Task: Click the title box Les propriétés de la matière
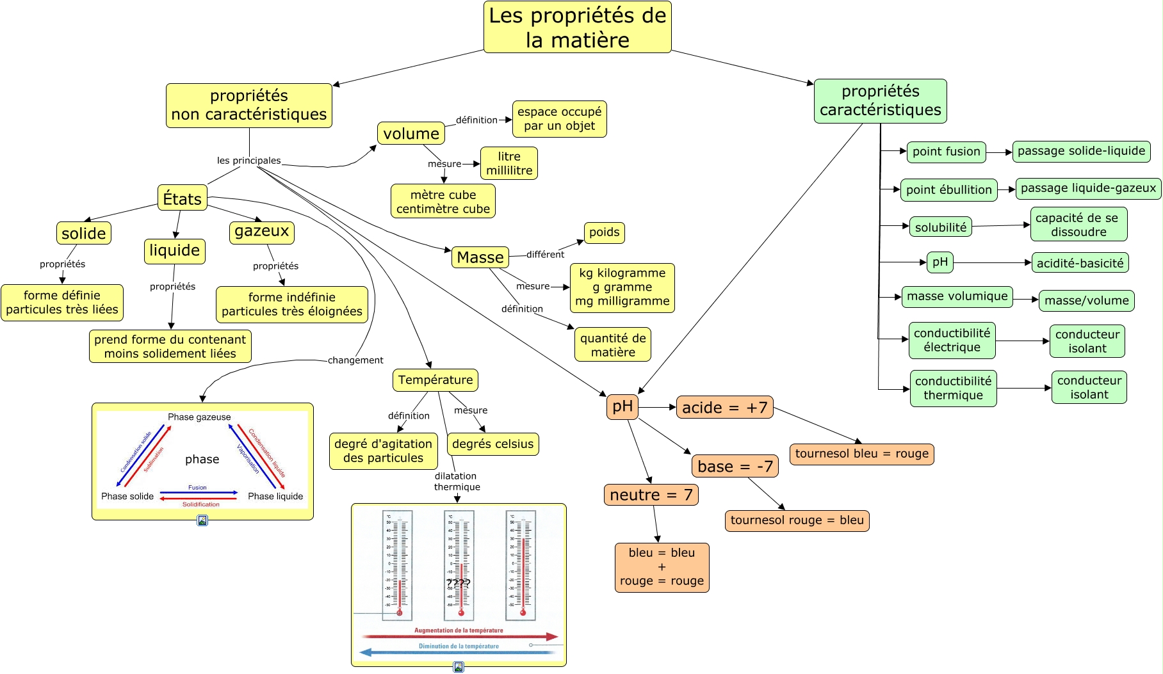(577, 27)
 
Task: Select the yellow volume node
(411, 133)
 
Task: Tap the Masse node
(480, 257)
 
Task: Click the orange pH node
(622, 406)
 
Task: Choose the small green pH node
(939, 262)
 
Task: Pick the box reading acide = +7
(724, 407)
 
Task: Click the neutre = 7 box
(651, 495)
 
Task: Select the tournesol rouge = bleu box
(797, 520)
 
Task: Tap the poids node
(604, 232)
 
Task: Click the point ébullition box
(948, 190)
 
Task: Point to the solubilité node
(940, 227)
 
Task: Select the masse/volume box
(1086, 300)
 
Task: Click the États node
(182, 198)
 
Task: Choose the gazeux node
(261, 232)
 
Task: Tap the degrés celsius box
(492, 444)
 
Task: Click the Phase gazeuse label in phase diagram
(199, 417)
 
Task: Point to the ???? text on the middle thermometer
(458, 583)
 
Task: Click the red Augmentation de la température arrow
(459, 636)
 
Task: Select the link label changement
(355, 360)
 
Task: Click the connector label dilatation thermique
(457, 481)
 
